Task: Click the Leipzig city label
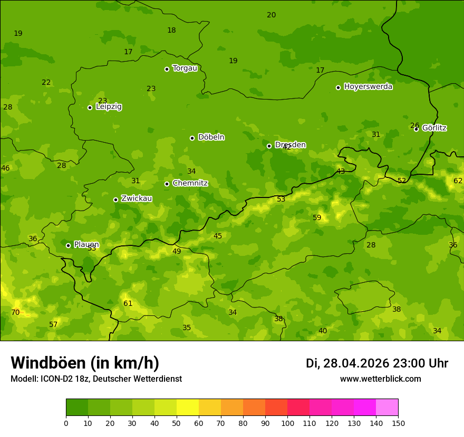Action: (x=109, y=107)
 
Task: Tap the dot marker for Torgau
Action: (x=167, y=69)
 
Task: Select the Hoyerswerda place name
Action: (x=368, y=87)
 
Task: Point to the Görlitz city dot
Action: (x=416, y=129)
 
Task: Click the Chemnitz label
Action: (x=190, y=183)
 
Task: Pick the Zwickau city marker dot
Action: (x=115, y=200)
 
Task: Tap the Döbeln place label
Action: (x=211, y=137)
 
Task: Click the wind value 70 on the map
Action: (x=15, y=312)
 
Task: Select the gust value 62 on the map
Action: (x=458, y=181)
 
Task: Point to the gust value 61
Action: (x=128, y=304)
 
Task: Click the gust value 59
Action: (x=317, y=218)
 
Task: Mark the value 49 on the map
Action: (x=177, y=252)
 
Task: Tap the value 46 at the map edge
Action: (x=5, y=168)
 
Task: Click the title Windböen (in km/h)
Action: (x=85, y=363)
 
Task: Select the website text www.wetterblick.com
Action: (x=380, y=379)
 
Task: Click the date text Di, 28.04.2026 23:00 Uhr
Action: (x=377, y=363)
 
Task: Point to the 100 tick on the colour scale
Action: (x=287, y=423)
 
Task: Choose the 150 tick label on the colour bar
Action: (x=398, y=423)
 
